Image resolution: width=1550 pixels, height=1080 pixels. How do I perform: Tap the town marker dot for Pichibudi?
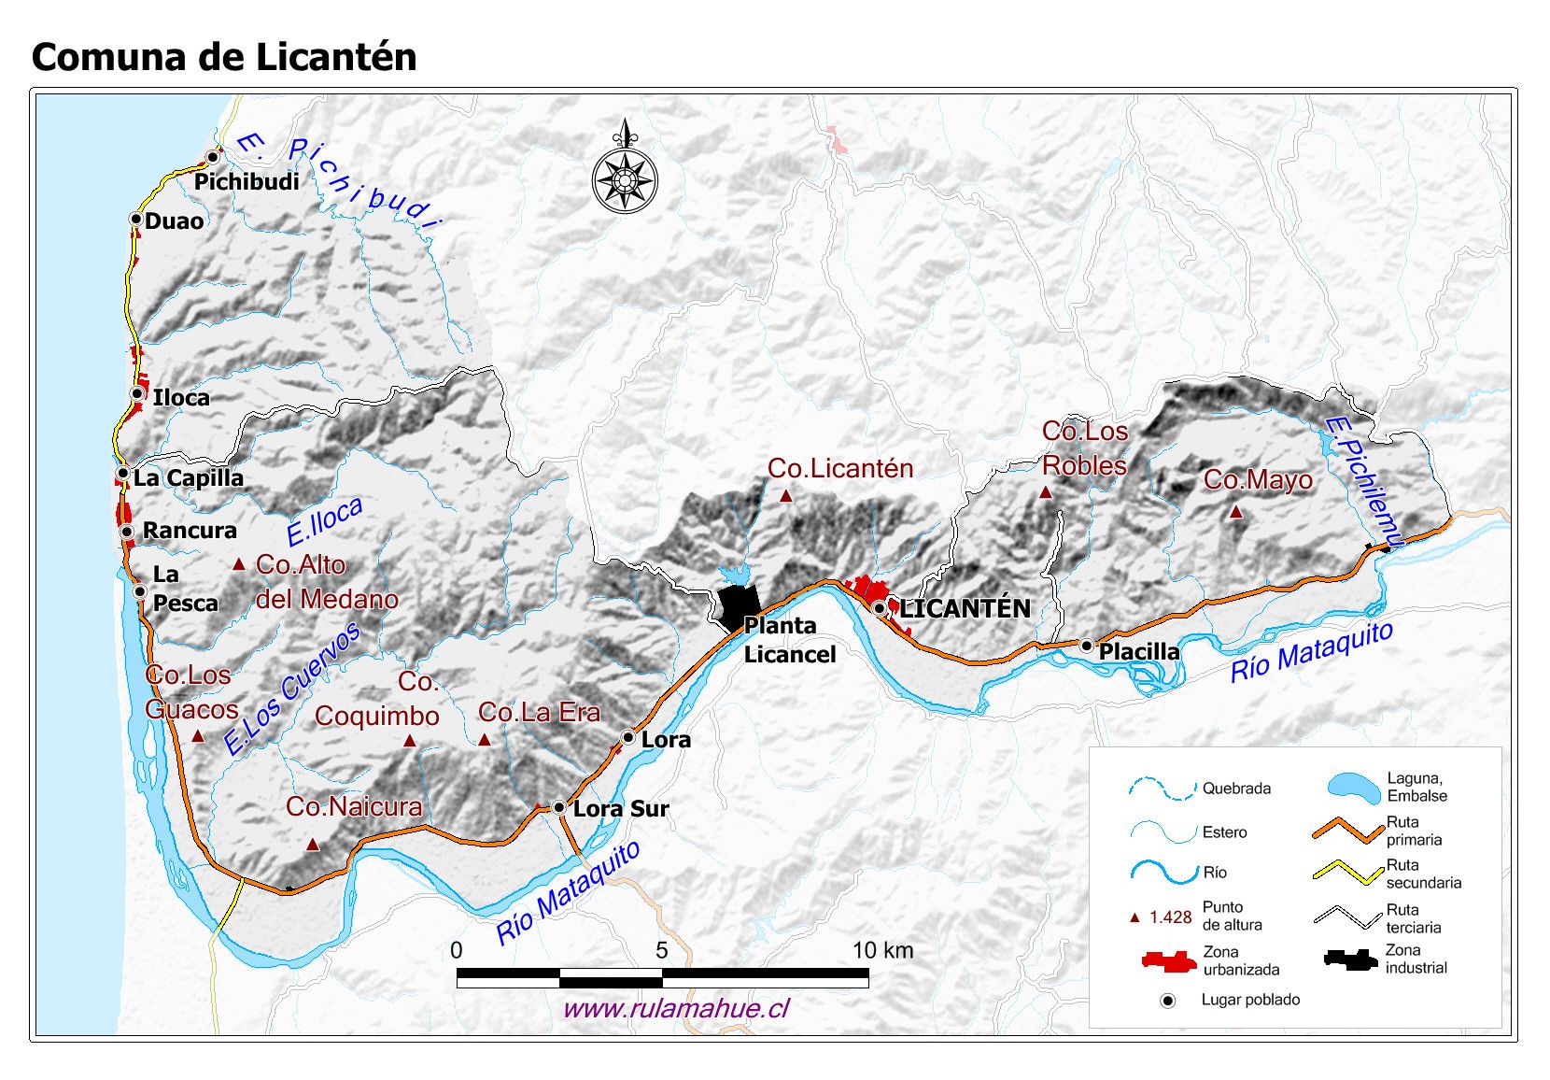pos(214,157)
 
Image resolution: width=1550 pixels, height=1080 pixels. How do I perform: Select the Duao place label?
pos(175,221)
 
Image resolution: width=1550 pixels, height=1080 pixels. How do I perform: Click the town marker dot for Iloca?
pos(137,394)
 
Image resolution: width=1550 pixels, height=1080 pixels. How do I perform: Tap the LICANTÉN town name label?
pos(965,609)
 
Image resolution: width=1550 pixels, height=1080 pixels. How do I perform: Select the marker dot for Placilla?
pos(1087,646)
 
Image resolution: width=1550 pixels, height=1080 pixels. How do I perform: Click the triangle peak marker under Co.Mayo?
pos(1235,512)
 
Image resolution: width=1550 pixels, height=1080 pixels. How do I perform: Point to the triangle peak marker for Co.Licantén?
pos(786,497)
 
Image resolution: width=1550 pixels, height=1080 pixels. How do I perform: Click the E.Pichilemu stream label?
pos(1362,482)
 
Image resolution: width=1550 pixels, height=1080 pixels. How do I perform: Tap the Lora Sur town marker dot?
pos(558,807)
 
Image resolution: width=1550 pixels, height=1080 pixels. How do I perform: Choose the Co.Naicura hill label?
pos(354,806)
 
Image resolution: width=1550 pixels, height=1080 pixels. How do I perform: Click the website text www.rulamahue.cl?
pos(676,1009)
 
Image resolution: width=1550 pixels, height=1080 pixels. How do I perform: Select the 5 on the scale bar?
pos(661,951)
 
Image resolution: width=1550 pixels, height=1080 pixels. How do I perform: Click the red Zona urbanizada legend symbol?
pos(1168,960)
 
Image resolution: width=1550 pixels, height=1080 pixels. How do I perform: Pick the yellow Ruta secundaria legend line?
pos(1347,873)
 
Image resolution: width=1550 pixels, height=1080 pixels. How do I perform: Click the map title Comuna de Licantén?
pos(224,57)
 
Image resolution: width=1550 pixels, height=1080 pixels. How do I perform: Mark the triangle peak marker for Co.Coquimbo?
pos(409,741)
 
